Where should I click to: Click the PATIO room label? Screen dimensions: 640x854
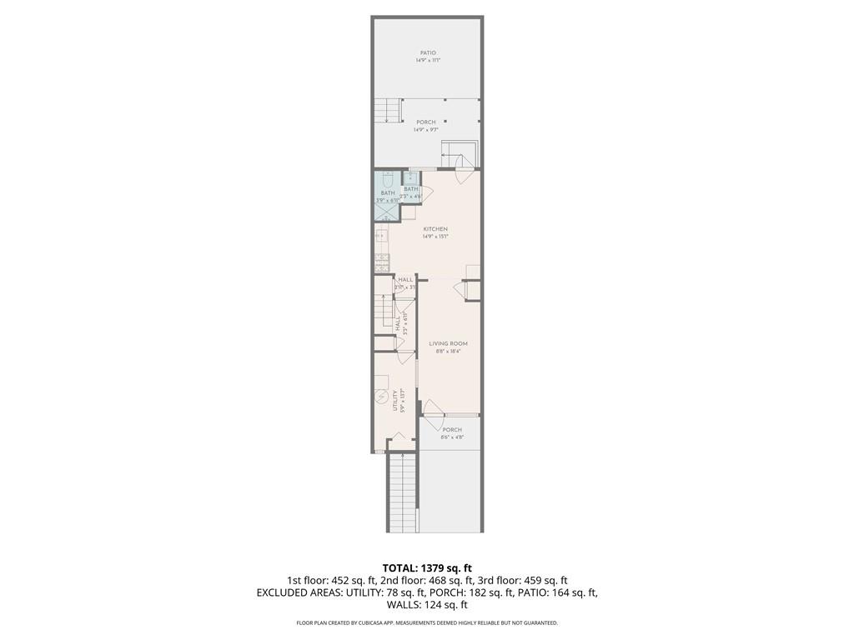click(x=427, y=53)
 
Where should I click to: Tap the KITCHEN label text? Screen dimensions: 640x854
click(x=435, y=229)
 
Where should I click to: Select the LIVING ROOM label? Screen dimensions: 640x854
click(x=448, y=343)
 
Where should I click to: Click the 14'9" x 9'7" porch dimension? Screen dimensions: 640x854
click(x=425, y=130)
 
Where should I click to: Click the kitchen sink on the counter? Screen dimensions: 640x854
click(x=381, y=236)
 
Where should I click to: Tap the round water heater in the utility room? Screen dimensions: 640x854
click(x=381, y=398)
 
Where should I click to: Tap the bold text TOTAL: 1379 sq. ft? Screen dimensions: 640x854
click(x=427, y=567)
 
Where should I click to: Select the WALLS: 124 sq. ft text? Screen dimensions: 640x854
click(x=427, y=606)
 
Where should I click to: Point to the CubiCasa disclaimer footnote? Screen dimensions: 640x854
click(x=427, y=623)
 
